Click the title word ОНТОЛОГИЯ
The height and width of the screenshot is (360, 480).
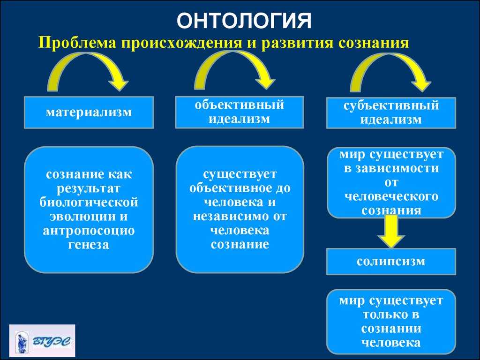tap(244, 21)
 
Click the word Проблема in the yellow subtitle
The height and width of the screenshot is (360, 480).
tap(77, 42)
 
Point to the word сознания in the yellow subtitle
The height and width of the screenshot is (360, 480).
tap(374, 43)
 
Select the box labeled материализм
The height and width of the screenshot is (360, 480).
tap(89, 112)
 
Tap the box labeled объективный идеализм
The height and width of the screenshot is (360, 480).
tap(240, 112)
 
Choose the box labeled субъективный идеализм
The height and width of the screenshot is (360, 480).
tap(391, 112)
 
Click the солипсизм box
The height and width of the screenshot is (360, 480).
tap(391, 262)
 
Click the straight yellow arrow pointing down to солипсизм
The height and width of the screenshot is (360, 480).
tap(391, 232)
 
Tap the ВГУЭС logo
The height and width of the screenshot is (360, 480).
tap(42, 341)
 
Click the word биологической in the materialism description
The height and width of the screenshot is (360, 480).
tap(89, 202)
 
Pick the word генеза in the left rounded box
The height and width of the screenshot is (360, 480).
tap(89, 245)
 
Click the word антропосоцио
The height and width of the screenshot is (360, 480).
tap(89, 231)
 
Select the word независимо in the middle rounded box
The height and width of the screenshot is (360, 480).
tap(231, 217)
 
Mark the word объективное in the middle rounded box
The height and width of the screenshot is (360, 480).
tap(229, 188)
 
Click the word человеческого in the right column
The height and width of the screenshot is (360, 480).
tap(391, 196)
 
